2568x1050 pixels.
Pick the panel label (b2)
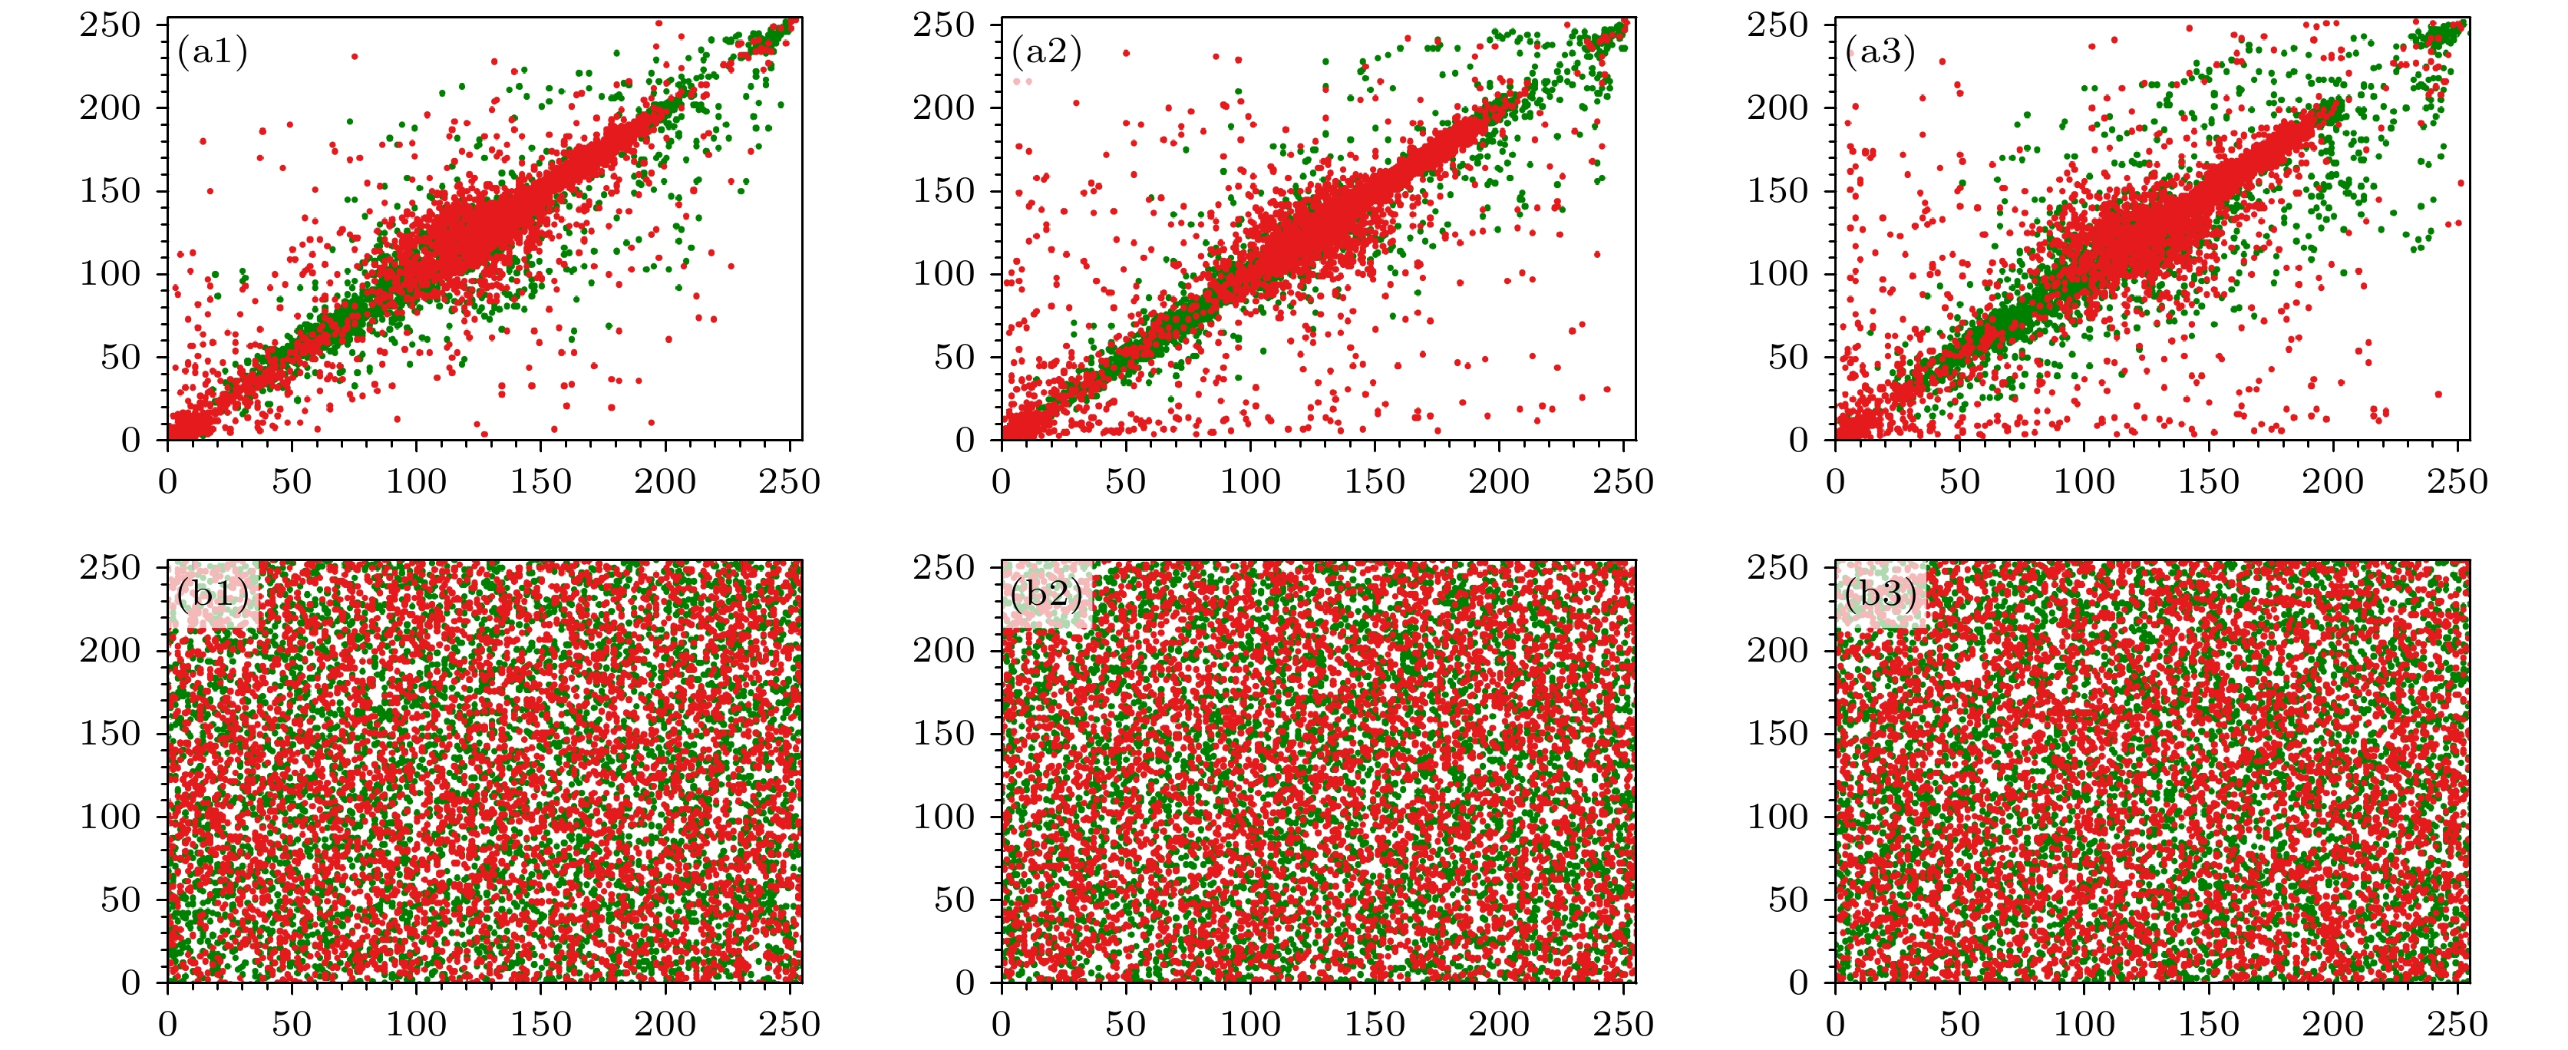point(1046,594)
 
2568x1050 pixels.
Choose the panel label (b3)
point(1880,594)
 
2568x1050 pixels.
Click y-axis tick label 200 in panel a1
point(111,107)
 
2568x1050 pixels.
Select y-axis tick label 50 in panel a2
point(954,357)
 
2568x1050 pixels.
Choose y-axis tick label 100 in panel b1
point(111,817)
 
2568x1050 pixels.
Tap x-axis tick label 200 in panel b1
point(665,1024)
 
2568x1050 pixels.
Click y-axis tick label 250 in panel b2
point(944,567)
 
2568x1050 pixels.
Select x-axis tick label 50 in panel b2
point(1125,1024)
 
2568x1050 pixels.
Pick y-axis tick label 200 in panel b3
point(1777,650)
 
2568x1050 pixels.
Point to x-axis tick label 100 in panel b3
point(2084,1024)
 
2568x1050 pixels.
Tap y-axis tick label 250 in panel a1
point(111,25)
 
